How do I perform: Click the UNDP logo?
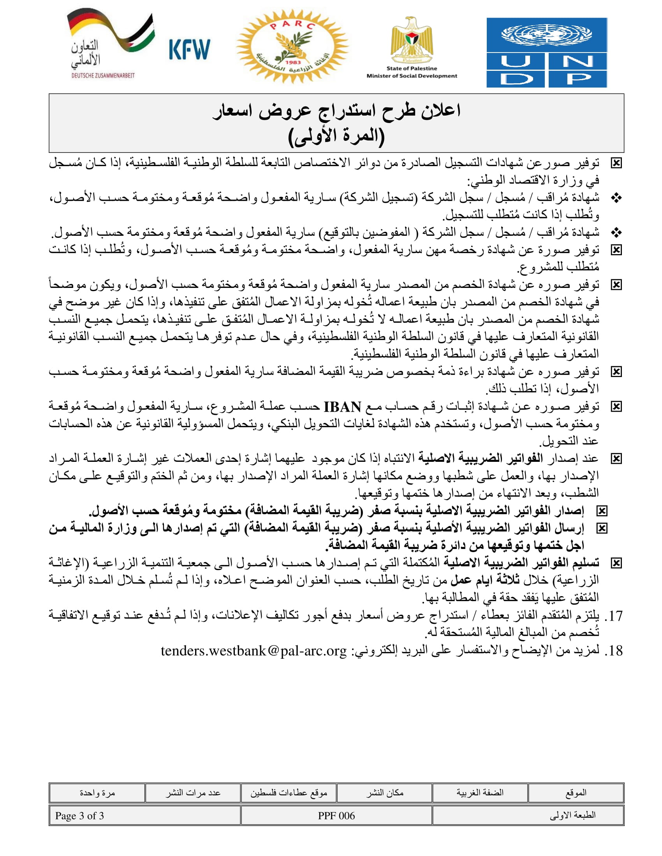coord(546,52)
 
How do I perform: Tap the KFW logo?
coord(189,49)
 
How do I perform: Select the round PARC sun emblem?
coord(292,46)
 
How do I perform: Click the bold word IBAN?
coord(342,407)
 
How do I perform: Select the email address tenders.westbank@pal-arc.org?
coord(254,651)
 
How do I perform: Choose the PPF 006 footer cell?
coord(336,816)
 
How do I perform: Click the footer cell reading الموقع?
coord(576,793)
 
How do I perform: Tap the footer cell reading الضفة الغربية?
coord(480,793)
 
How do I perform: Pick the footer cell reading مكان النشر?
coord(384,793)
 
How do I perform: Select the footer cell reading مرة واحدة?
coord(97,793)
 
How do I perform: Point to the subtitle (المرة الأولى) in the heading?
coord(336,136)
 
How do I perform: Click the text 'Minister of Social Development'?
coord(411,76)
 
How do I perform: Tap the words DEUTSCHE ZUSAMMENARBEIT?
coord(103,75)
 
